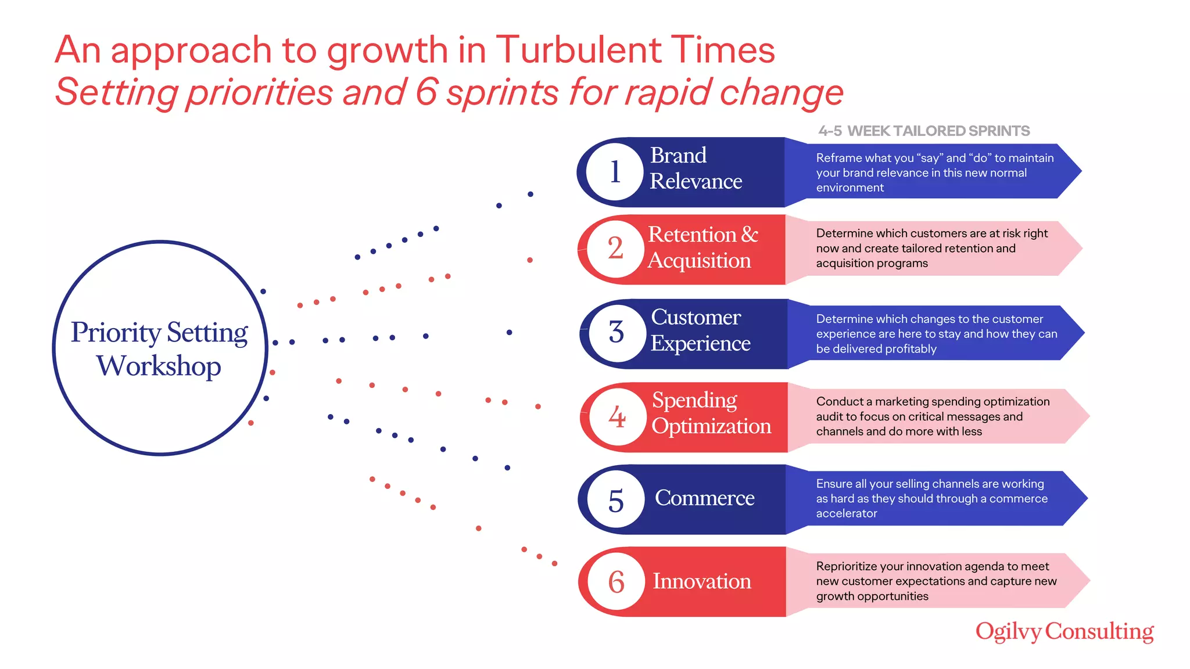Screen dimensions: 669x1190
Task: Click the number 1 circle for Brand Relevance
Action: point(615,172)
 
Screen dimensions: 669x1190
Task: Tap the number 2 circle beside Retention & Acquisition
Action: point(615,249)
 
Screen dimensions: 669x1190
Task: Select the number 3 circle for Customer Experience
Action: point(616,333)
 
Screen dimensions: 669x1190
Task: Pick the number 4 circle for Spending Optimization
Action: point(617,417)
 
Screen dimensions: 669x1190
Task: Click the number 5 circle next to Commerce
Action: point(616,500)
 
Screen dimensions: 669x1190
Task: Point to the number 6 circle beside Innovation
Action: point(616,582)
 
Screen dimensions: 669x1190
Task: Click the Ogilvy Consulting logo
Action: point(1064,631)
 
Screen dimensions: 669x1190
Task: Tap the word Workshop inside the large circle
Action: point(159,366)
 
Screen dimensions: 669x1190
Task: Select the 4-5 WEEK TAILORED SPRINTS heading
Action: point(924,131)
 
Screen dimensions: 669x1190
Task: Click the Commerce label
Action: point(704,498)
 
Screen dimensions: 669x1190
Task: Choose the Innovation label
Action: point(702,581)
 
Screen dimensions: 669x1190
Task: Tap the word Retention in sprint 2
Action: point(692,235)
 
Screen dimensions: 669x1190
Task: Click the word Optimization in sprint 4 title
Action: point(711,427)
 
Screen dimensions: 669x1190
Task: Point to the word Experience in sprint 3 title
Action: point(700,344)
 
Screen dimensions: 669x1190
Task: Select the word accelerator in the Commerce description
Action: point(847,513)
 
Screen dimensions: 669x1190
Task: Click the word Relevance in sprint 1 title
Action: point(696,182)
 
